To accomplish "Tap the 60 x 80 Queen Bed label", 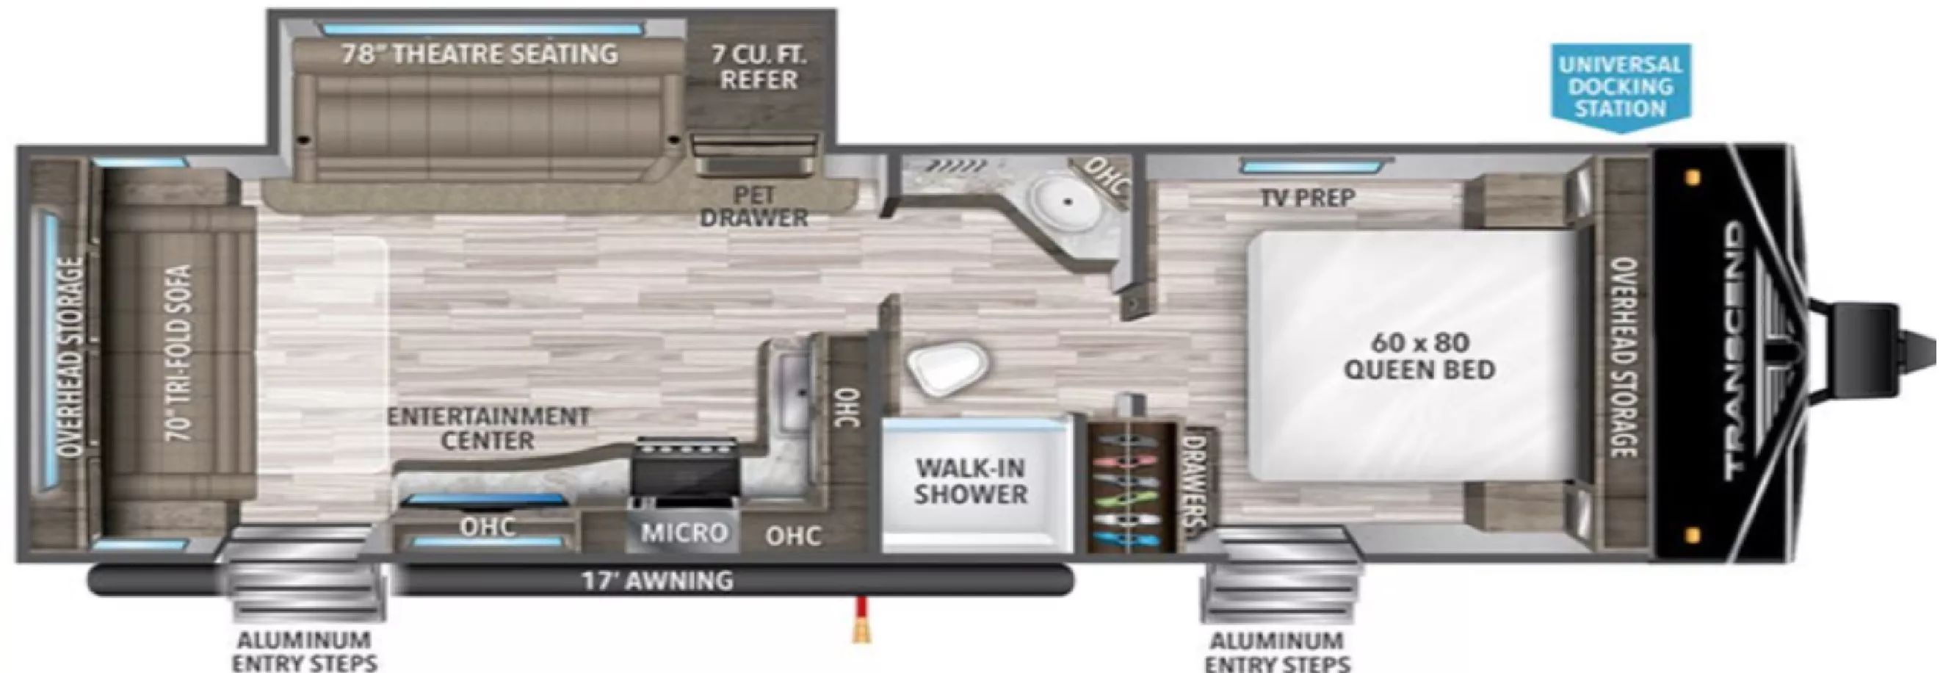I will point(1419,356).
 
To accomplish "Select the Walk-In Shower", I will point(971,481).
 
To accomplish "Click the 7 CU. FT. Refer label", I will point(759,67).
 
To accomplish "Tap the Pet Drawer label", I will point(754,206).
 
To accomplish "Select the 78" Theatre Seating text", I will point(480,54).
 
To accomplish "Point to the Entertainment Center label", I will point(488,428).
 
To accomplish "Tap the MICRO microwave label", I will point(684,533).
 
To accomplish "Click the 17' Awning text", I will point(657,580).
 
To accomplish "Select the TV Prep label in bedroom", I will point(1307,198).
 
